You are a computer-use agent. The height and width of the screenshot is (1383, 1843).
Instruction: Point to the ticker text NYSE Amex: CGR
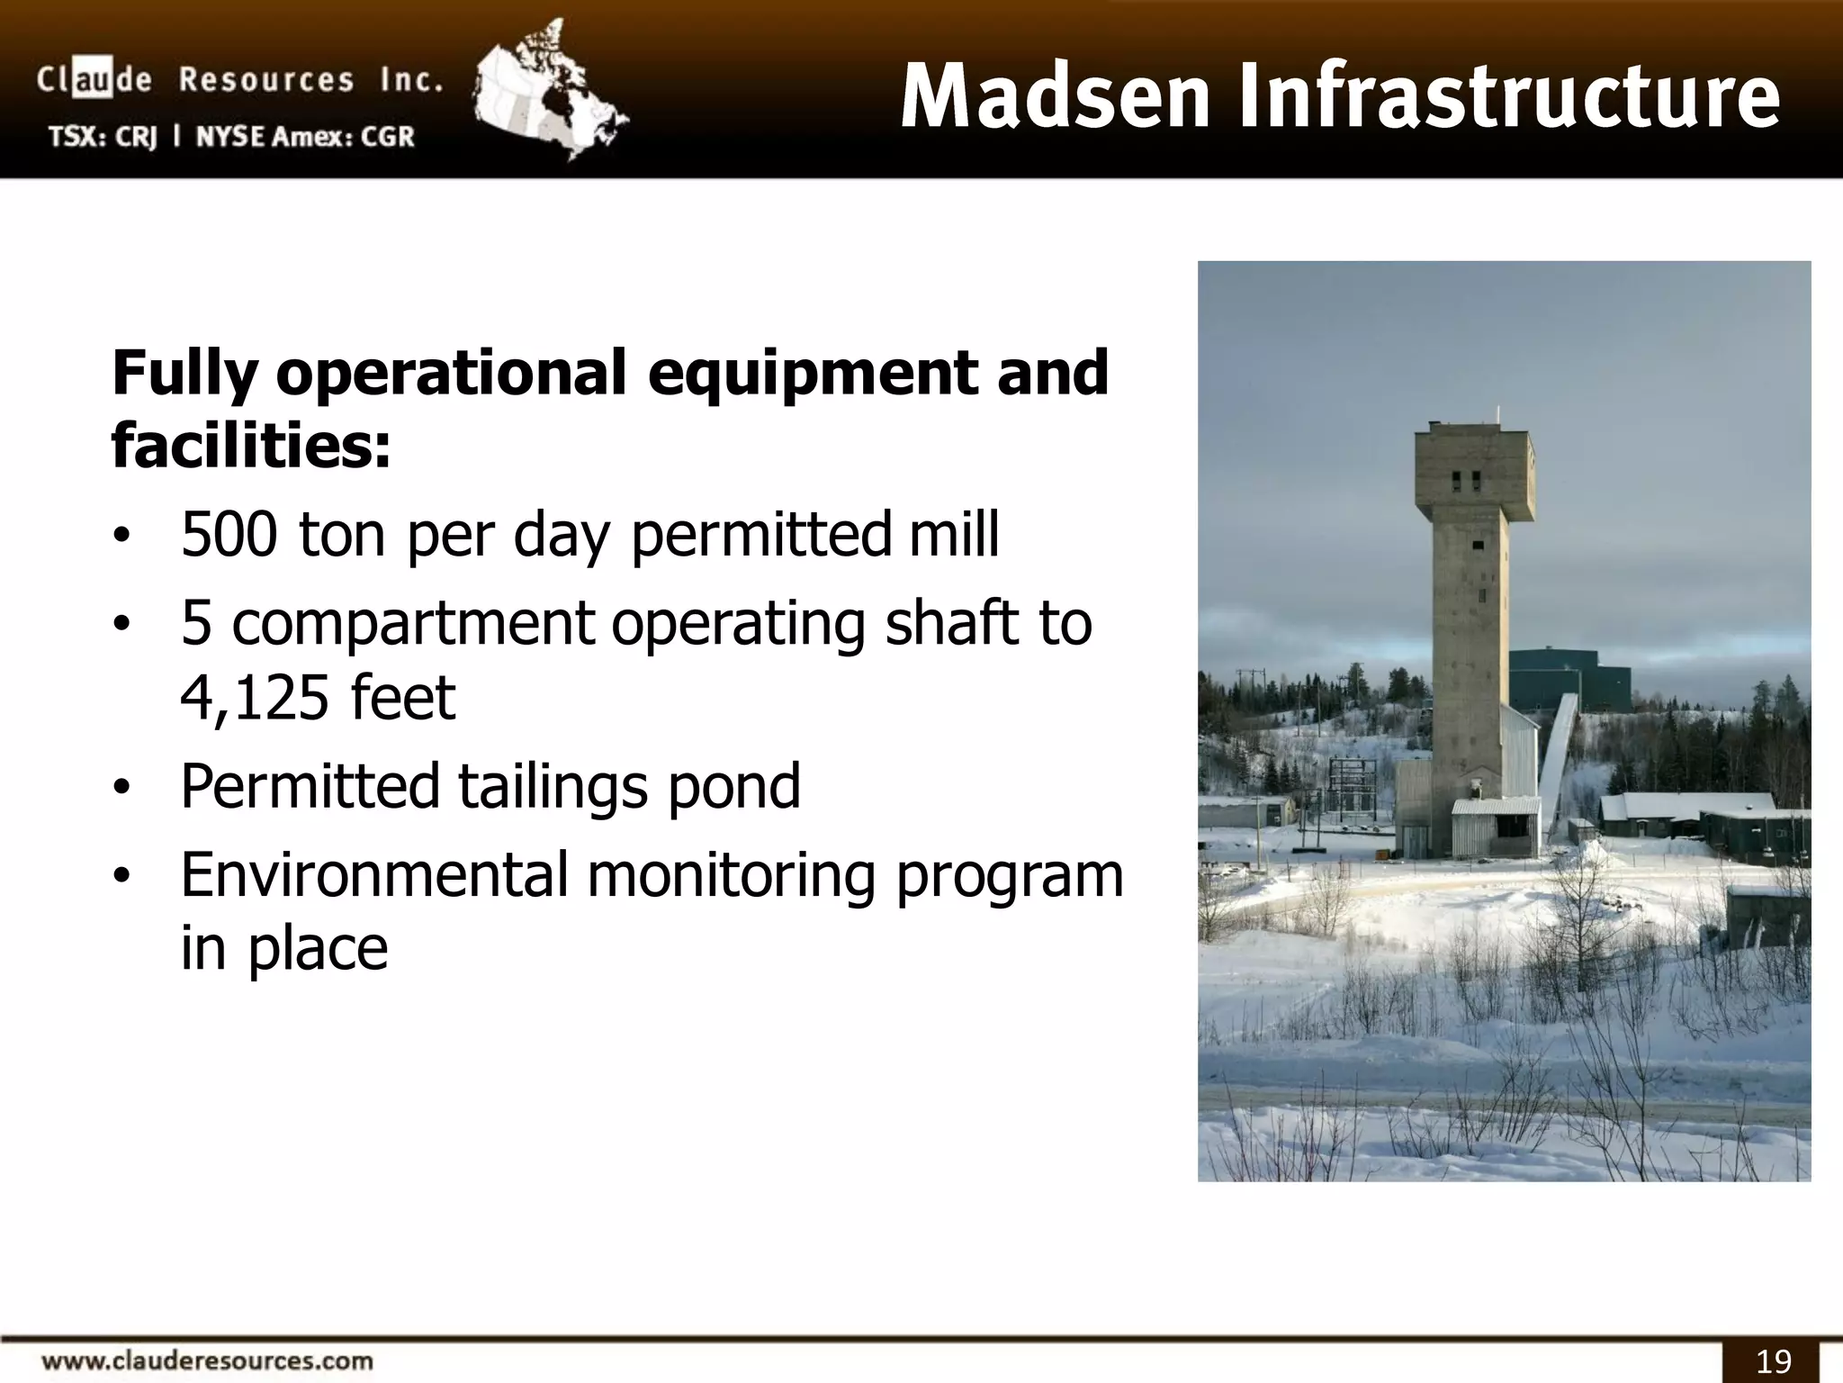305,137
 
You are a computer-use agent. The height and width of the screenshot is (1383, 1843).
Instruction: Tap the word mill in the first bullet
953,535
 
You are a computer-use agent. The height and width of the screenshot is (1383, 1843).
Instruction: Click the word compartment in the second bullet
414,623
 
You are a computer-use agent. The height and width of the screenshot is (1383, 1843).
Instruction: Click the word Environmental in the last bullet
374,874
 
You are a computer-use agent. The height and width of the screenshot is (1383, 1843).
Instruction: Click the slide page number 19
1773,1360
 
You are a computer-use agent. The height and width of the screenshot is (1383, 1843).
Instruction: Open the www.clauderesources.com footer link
208,1360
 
